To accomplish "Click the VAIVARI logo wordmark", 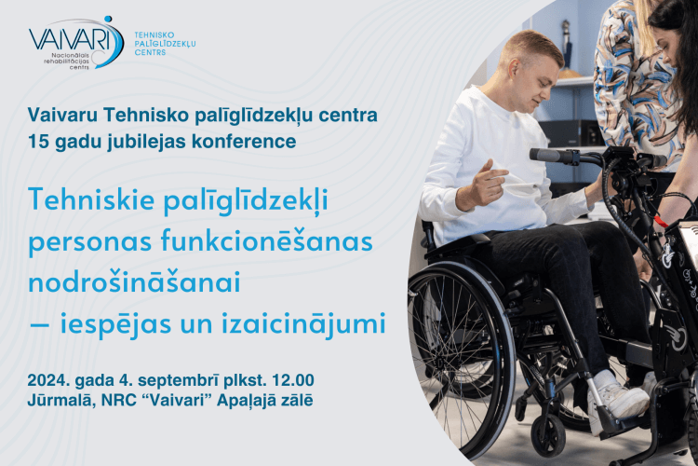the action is click(x=70, y=39).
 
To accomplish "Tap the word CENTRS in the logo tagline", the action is click(x=150, y=52).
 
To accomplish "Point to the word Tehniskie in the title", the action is click(x=91, y=199).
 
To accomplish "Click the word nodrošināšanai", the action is click(x=134, y=282).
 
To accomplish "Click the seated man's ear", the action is click(x=514, y=70).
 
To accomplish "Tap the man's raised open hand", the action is click(x=482, y=185).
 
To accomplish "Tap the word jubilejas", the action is click(x=148, y=143).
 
